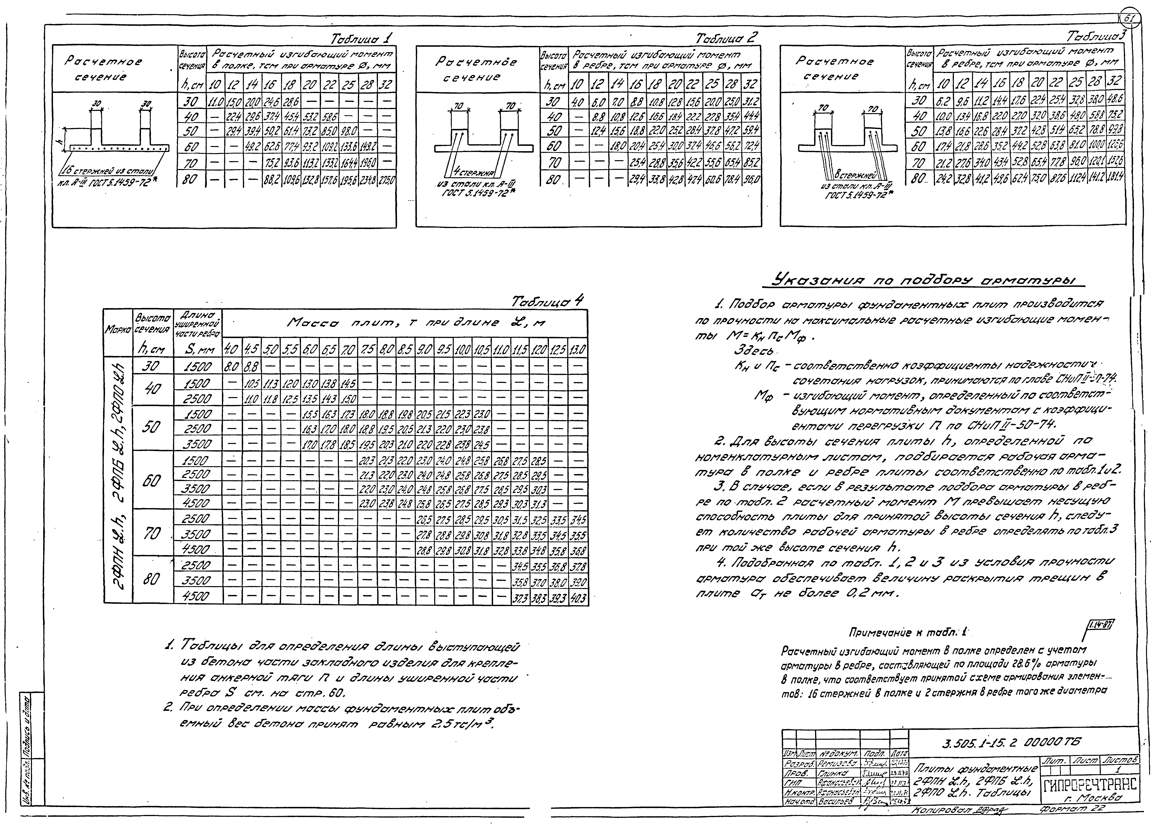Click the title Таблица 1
click(361, 39)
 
